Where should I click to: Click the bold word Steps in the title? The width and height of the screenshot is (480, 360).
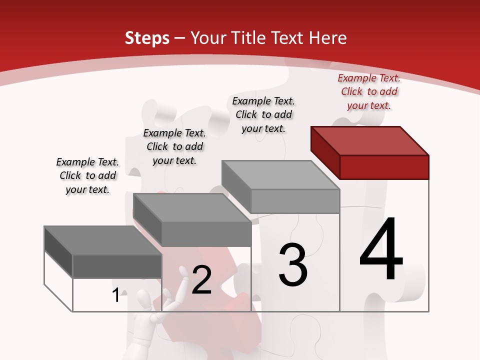click(147, 38)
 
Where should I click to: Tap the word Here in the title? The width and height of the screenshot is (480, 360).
click(328, 38)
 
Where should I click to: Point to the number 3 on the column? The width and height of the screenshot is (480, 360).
click(292, 265)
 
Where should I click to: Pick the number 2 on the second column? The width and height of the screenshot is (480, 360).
click(201, 280)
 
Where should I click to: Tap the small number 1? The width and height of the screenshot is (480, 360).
click(116, 295)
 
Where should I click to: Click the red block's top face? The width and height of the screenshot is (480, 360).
click(370, 140)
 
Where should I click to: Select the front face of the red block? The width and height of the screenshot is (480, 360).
click(384, 167)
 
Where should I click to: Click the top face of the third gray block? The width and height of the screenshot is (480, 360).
click(280, 175)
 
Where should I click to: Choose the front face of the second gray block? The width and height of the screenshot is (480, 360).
click(206, 234)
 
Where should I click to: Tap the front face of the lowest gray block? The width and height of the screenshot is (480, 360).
click(117, 266)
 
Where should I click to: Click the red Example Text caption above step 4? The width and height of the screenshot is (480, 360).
click(369, 91)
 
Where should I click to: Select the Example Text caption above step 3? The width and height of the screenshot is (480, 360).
click(263, 114)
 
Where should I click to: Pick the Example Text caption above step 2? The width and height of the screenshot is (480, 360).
click(174, 146)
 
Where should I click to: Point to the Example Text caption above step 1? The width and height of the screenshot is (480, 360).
click(87, 175)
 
